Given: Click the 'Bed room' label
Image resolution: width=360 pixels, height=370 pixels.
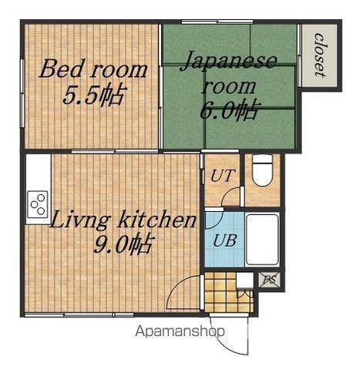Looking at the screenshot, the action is [x=93, y=68].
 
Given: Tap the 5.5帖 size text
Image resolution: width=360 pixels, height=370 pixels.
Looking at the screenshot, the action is [x=94, y=96].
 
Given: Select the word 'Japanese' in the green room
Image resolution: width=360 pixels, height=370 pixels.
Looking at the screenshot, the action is [x=228, y=61].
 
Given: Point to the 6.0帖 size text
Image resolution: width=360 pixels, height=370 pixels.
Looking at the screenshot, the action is [x=228, y=110].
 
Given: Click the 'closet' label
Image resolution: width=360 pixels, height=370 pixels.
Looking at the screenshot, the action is [x=320, y=55].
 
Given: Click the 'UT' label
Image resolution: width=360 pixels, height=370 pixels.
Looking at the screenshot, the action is [x=223, y=176].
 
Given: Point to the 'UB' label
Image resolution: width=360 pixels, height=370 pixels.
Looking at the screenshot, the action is [x=224, y=240].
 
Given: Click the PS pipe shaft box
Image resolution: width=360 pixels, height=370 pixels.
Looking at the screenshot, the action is [x=269, y=279].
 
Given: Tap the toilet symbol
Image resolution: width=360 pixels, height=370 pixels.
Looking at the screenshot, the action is [x=262, y=170].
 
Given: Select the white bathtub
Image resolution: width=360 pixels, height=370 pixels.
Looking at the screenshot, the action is [x=262, y=240].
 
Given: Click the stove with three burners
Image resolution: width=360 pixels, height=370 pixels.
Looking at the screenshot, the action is [x=38, y=204].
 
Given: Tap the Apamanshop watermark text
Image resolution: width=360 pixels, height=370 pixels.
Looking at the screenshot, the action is [x=180, y=331].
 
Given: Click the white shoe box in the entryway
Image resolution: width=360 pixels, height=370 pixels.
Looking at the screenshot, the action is [x=244, y=280].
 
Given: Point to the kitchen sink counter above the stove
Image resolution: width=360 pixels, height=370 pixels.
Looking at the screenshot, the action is [x=39, y=172].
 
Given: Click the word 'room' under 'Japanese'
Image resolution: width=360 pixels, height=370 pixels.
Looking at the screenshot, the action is [x=228, y=86].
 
